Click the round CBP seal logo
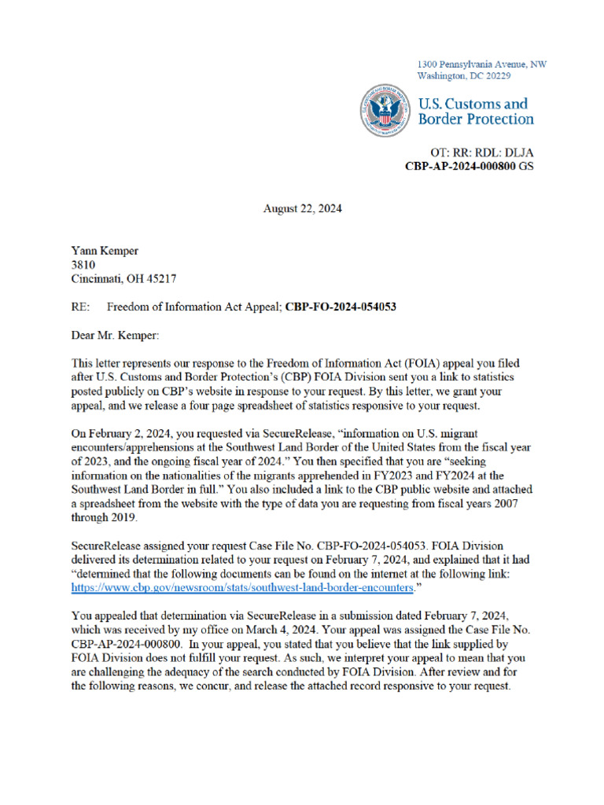click(x=385, y=111)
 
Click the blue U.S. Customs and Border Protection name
click(x=475, y=111)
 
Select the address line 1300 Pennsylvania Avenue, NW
click(x=481, y=64)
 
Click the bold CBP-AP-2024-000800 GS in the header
click(x=460, y=167)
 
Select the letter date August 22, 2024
click(x=302, y=209)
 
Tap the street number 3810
click(x=83, y=266)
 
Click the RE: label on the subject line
click(x=80, y=307)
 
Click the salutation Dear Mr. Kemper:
click(x=115, y=336)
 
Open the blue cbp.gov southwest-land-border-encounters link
click(x=241, y=587)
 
